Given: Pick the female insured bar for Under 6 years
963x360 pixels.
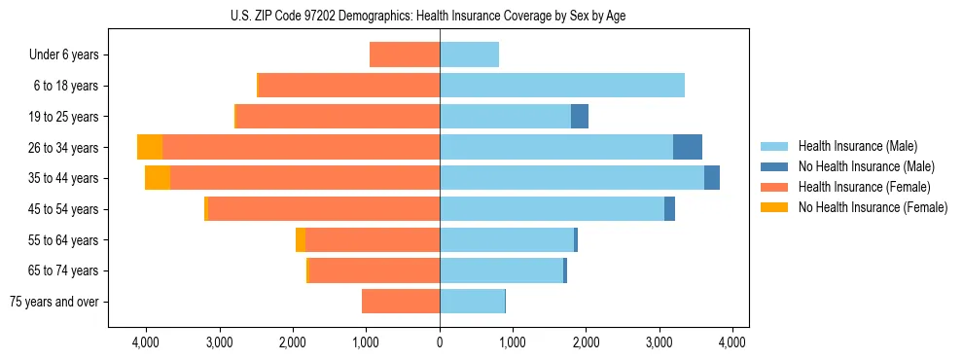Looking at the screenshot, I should pos(405,54).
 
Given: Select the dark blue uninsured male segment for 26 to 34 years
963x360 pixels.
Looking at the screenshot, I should pos(687,147).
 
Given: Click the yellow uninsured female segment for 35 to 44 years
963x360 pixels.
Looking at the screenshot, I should pos(158,178).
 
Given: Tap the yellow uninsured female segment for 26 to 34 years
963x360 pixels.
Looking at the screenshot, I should pos(150,147).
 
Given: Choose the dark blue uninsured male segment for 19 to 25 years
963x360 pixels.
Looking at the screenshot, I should pos(579,117).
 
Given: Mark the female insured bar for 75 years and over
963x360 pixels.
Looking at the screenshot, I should pos(401,302).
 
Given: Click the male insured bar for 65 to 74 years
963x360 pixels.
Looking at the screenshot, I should pos(501,270).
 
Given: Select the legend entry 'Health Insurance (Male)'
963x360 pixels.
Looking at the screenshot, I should pos(857,146).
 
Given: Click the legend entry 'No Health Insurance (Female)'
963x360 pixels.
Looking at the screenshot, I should pos(872,207).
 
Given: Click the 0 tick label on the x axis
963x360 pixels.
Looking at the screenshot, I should pos(440,342).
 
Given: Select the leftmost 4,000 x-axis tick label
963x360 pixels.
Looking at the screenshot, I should pos(146,342).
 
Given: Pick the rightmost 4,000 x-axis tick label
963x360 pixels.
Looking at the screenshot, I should pos(731,342).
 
